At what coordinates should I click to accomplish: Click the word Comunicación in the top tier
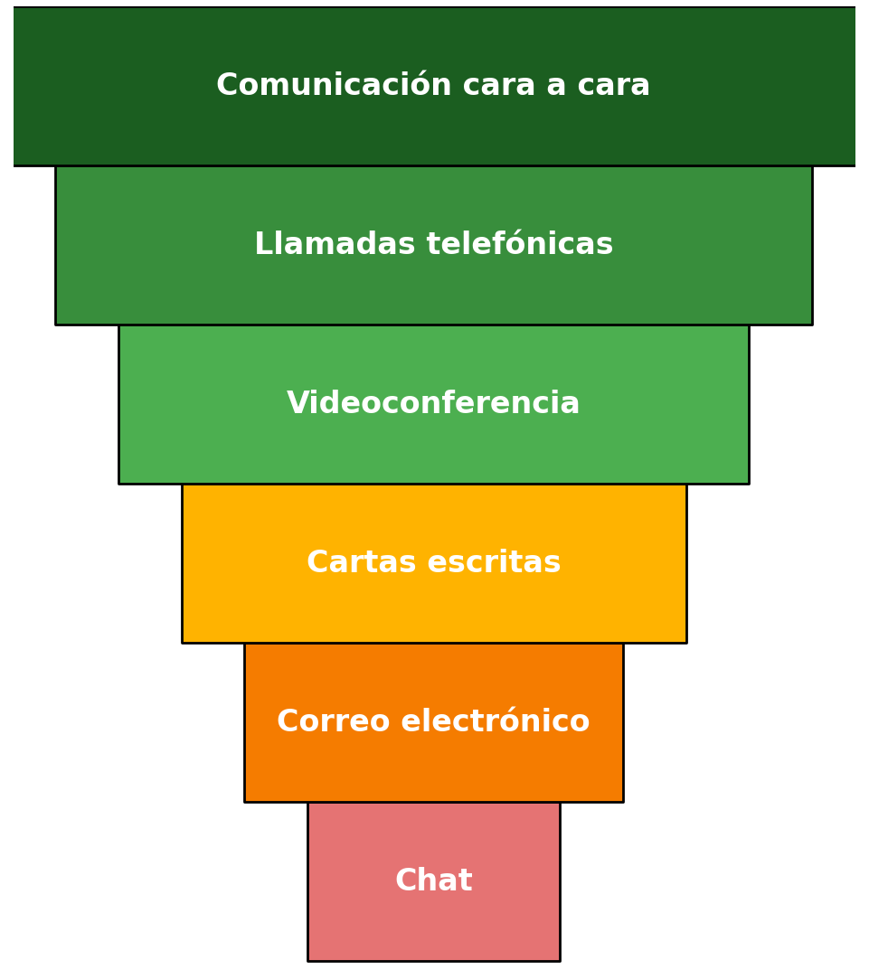(x=334, y=86)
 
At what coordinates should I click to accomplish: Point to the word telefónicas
(x=520, y=245)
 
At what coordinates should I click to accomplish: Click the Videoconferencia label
(x=433, y=404)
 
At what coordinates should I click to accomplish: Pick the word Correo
(x=334, y=722)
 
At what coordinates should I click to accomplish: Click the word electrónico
(x=496, y=722)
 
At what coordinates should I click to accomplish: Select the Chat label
(x=433, y=881)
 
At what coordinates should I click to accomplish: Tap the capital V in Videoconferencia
(x=297, y=404)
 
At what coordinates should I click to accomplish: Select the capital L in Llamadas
(x=262, y=245)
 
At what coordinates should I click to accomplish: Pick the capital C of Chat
(x=405, y=881)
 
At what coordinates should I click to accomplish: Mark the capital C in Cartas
(x=316, y=563)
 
